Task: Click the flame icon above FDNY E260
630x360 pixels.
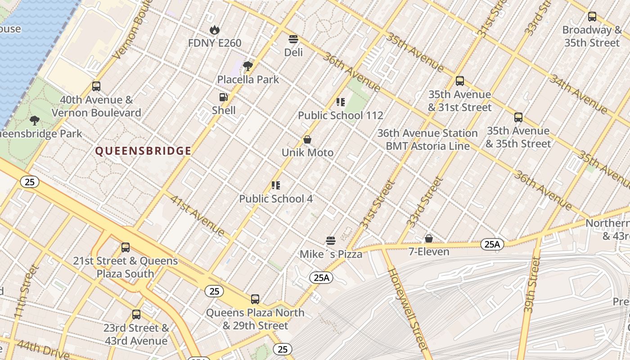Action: [x=215, y=30]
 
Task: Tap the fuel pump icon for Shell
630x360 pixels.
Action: [x=223, y=97]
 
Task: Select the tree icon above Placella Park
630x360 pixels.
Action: [x=248, y=67]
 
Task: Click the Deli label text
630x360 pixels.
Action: [x=293, y=53]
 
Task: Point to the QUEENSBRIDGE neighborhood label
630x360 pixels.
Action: [x=143, y=151]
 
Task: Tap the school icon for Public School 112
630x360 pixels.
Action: [x=341, y=102]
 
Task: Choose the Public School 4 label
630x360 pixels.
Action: [x=276, y=198]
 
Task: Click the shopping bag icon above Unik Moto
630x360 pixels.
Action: [x=307, y=139]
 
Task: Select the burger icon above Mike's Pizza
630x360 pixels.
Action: [x=331, y=241]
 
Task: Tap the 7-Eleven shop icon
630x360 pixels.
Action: [x=429, y=238]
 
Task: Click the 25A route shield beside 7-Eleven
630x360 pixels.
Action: [x=492, y=244]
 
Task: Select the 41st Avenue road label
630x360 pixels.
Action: [x=197, y=215]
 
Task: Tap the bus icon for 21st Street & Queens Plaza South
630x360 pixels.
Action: [x=126, y=247]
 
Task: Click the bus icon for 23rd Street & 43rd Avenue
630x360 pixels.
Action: [x=136, y=315]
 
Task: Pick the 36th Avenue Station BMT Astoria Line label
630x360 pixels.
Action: [x=427, y=139]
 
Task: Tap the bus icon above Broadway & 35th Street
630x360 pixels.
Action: [x=592, y=17]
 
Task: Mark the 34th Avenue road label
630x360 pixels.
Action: [x=578, y=94]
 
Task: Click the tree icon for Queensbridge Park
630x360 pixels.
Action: [x=35, y=121]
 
